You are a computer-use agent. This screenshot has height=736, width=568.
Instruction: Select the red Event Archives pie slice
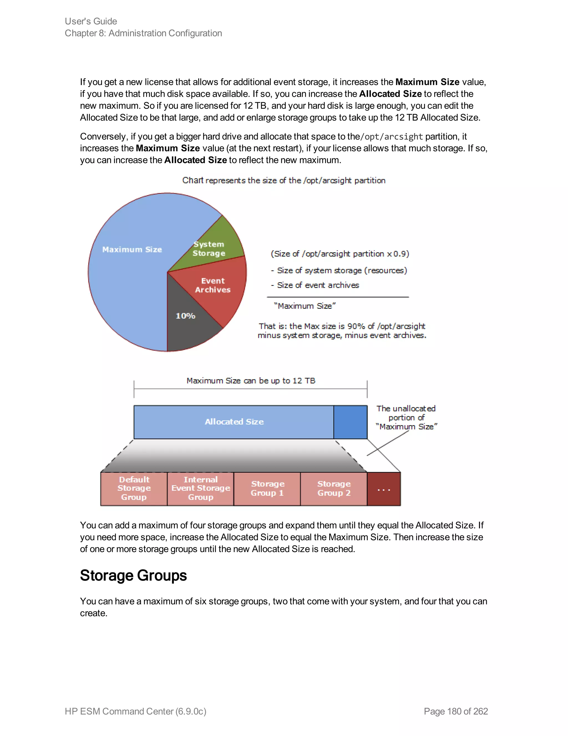215,286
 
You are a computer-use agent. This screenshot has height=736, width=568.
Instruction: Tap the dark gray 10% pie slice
188,324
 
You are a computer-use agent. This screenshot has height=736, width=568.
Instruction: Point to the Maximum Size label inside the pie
132,249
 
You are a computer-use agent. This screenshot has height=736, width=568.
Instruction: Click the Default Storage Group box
134,489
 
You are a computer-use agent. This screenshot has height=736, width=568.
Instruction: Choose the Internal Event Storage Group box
201,489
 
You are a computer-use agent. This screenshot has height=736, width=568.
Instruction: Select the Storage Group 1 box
267,489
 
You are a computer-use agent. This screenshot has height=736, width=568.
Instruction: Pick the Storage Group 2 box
334,489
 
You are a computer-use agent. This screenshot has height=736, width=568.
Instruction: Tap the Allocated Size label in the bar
234,422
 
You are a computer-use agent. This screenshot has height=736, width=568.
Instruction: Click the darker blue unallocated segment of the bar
350,422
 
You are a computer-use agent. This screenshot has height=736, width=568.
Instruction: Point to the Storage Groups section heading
133,575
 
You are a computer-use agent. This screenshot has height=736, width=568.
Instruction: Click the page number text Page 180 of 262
456,711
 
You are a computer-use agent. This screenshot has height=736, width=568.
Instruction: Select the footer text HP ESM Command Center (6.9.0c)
135,711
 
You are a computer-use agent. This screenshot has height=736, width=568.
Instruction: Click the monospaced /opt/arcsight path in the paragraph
391,136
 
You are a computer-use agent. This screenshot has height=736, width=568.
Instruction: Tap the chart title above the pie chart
284,180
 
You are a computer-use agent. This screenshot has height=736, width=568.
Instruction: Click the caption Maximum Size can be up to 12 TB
251,380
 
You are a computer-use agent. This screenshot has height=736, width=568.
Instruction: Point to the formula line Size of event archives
318,285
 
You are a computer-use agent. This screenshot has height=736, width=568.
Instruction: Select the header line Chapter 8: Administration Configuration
143,33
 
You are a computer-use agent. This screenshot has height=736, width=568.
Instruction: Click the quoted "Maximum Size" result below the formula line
305,306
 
